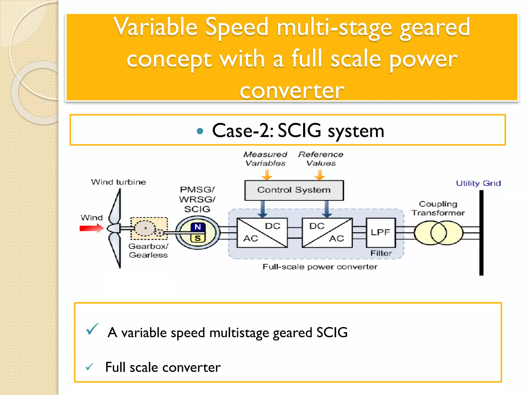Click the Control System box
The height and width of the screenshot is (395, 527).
(294, 190)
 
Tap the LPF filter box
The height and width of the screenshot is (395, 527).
(381, 232)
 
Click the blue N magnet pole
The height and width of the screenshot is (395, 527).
(198, 227)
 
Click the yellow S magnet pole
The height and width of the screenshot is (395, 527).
(198, 238)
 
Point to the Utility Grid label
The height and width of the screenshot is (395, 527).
(478, 183)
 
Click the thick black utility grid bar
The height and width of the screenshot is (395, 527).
(481, 233)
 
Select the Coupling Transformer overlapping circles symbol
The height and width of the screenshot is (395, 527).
(438, 233)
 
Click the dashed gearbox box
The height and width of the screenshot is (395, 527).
(149, 229)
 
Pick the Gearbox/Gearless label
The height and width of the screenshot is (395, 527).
(148, 250)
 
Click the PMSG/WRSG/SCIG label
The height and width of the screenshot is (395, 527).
(197, 199)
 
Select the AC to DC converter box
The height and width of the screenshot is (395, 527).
(262, 233)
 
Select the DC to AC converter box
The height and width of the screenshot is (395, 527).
(327, 233)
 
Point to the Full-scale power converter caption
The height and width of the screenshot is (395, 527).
(320, 267)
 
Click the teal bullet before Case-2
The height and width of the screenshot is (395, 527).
(200, 131)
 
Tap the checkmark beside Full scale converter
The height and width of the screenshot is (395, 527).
(89, 367)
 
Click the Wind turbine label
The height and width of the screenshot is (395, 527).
(118, 182)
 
